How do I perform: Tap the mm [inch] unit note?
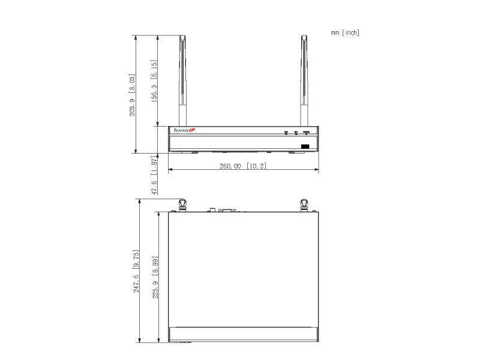344,32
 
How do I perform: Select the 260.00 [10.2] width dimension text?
244,166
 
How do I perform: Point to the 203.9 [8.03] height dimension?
132,95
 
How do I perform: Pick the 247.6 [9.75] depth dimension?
136,272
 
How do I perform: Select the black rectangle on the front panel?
305,146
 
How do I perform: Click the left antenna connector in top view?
183,205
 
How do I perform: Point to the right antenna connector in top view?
304,205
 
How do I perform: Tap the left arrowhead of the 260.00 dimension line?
170,170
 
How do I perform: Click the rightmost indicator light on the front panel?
306,131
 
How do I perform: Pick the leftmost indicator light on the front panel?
287,131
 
